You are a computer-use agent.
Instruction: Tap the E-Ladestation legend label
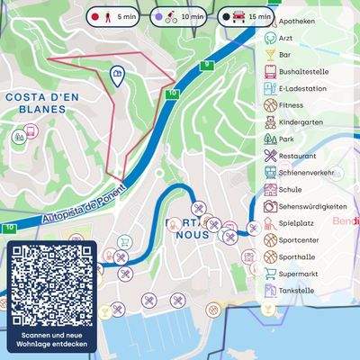[301, 89]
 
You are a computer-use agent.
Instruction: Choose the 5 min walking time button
[113, 16]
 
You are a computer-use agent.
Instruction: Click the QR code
[51, 286]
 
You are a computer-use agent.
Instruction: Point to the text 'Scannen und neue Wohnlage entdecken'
[51, 339]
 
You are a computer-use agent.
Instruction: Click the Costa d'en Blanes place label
[35, 102]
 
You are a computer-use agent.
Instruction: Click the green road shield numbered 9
[207, 64]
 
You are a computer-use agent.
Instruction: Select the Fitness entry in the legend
[292, 105]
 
